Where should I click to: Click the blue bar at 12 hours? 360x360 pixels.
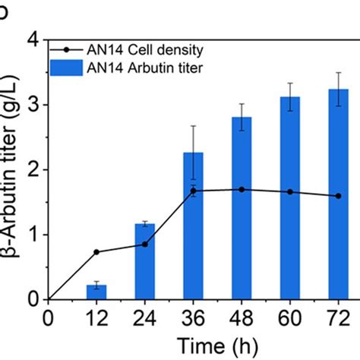point(96,292)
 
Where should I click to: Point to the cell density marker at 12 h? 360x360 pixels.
point(96,252)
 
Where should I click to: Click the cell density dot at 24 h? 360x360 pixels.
point(144,244)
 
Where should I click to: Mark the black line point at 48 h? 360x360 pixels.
point(242,189)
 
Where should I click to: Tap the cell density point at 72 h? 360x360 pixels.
point(338,196)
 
